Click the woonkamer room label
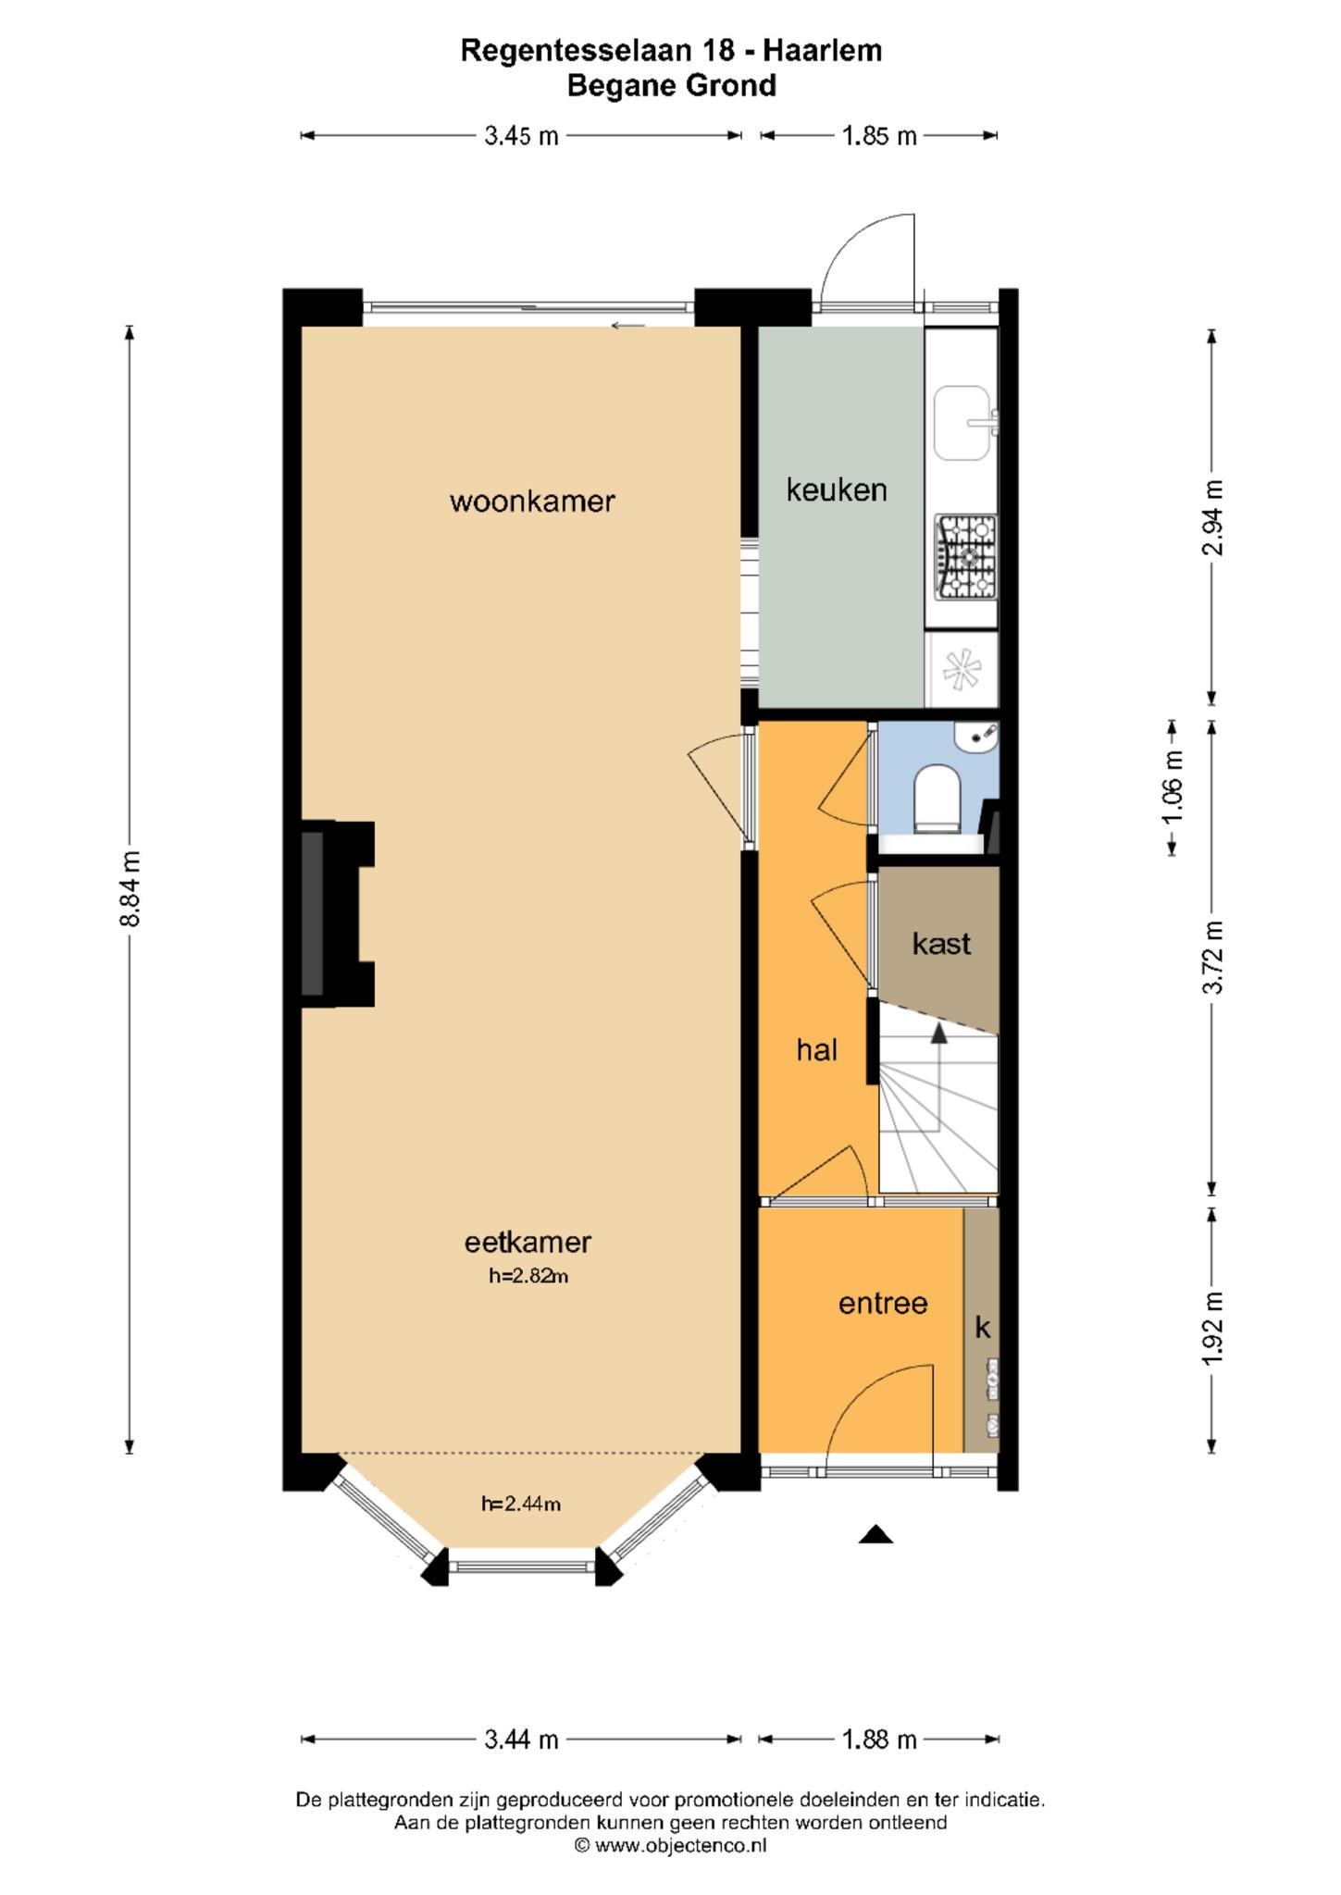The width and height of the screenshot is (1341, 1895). (532, 502)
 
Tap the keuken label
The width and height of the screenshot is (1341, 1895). (837, 489)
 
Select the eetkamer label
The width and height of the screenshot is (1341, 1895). (528, 1242)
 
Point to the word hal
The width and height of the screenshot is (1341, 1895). (817, 1049)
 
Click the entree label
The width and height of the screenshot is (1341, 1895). (883, 1304)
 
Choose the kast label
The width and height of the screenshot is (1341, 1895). (941, 944)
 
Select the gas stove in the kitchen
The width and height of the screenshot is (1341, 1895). (966, 556)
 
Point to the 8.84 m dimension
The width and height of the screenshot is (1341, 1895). (130, 889)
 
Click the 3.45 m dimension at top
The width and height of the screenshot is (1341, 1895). (521, 136)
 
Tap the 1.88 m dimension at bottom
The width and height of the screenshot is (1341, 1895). (878, 1740)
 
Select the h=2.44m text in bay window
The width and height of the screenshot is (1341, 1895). (521, 1504)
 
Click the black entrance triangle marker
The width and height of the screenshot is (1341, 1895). (875, 1535)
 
